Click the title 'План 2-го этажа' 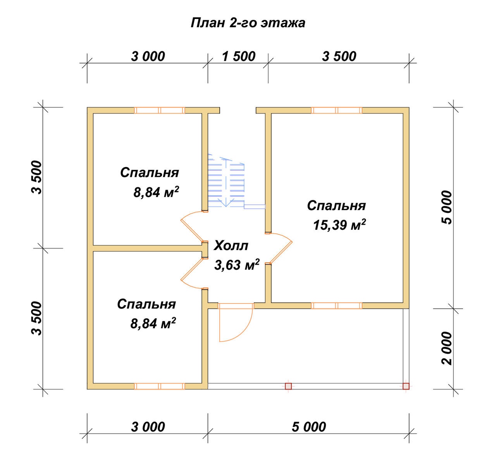248,23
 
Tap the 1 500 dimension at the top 239,56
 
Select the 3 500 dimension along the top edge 339,56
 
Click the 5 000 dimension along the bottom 309,427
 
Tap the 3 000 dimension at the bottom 148,427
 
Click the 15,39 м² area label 339,224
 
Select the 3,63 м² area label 237,265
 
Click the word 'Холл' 231,246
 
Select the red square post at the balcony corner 406,386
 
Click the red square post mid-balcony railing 288,386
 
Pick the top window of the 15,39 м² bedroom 336,110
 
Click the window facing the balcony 336,306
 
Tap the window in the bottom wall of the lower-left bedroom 160,386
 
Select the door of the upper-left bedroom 194,227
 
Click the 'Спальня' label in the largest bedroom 336,205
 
